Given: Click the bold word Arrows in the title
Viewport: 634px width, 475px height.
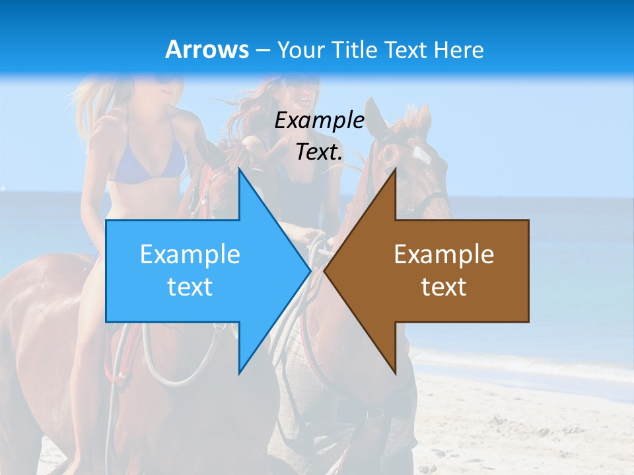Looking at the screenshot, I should click(207, 49).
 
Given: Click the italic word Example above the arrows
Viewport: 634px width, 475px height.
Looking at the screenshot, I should click(320, 121).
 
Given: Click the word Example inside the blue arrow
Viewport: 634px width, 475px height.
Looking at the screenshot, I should click(190, 254).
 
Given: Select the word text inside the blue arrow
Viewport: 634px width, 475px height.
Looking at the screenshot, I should click(190, 287).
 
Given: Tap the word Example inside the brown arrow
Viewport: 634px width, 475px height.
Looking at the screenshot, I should click(444, 254).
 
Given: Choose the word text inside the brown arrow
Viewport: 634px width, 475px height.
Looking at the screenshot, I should click(444, 287).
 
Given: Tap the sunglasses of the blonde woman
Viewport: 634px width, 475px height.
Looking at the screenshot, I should click(165, 79).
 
